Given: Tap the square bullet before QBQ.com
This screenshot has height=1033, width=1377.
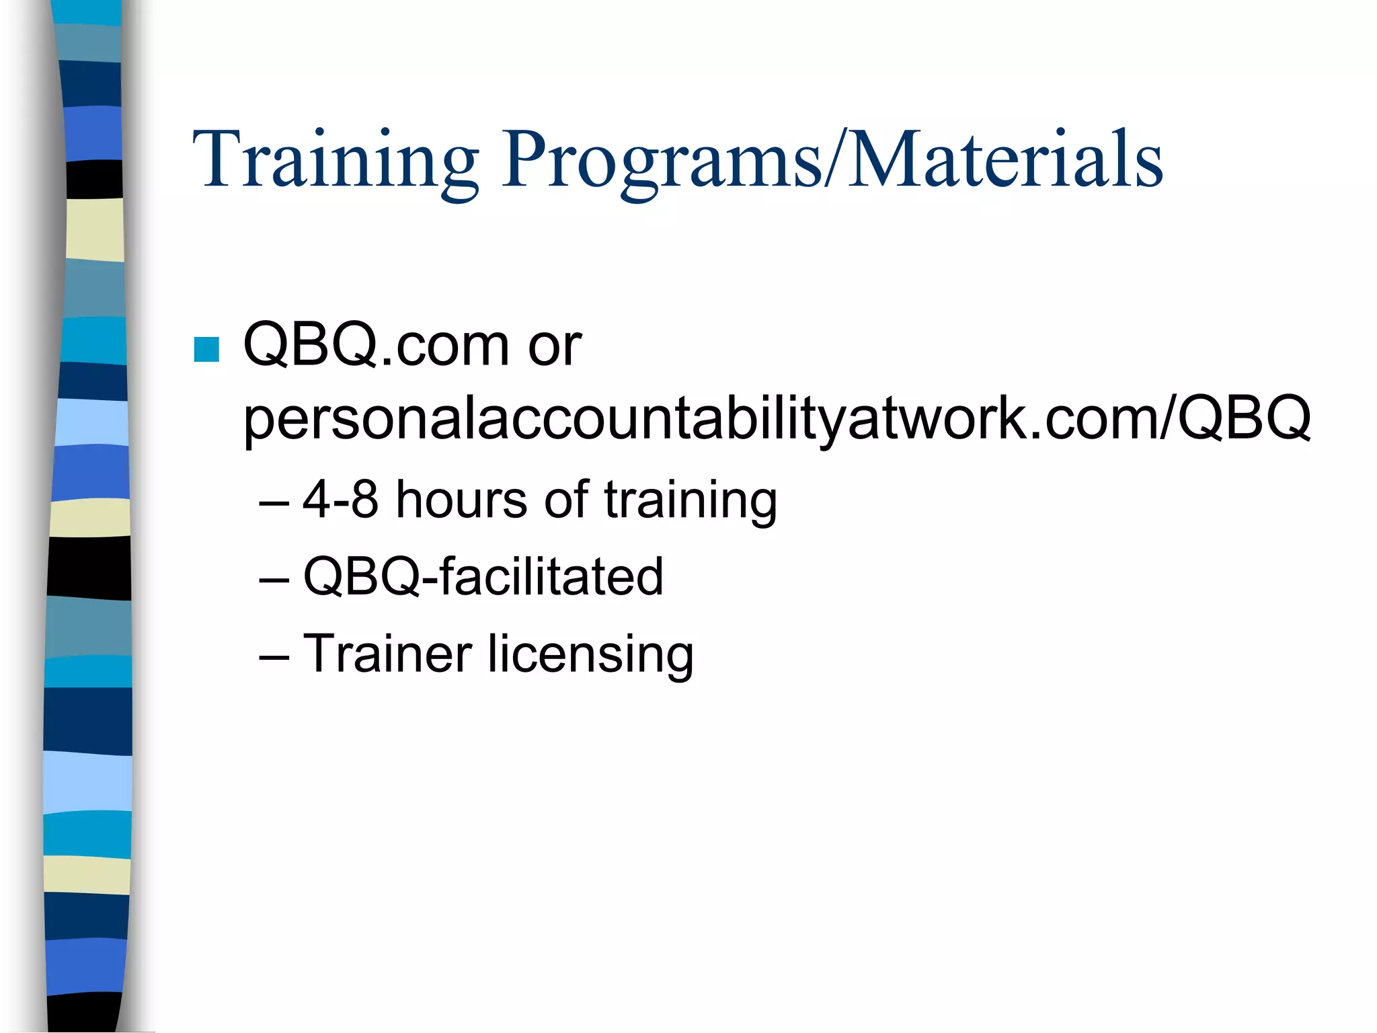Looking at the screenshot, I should point(206,349).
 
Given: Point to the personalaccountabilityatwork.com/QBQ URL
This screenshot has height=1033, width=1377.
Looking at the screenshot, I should point(777,418).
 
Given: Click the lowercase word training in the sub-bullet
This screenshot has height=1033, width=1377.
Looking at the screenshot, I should point(691,501).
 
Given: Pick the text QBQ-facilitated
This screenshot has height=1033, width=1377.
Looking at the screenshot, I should point(483,576).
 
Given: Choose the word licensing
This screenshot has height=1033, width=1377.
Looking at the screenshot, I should point(591,654).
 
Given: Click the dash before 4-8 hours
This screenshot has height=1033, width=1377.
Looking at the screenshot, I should point(274,502).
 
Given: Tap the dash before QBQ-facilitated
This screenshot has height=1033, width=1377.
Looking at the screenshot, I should point(274,579).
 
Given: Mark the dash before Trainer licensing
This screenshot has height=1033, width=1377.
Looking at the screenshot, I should point(274,656).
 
